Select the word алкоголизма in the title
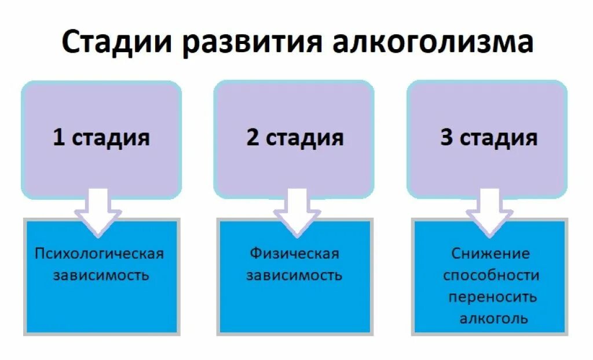click(x=433, y=44)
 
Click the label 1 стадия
click(x=101, y=138)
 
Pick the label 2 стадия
click(x=295, y=138)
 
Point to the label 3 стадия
click(x=489, y=138)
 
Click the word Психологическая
click(x=100, y=254)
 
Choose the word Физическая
click(x=294, y=254)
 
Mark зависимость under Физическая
click(x=294, y=275)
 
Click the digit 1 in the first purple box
click(x=58, y=138)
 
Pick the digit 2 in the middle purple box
click(x=252, y=138)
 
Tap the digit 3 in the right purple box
click(x=446, y=138)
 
